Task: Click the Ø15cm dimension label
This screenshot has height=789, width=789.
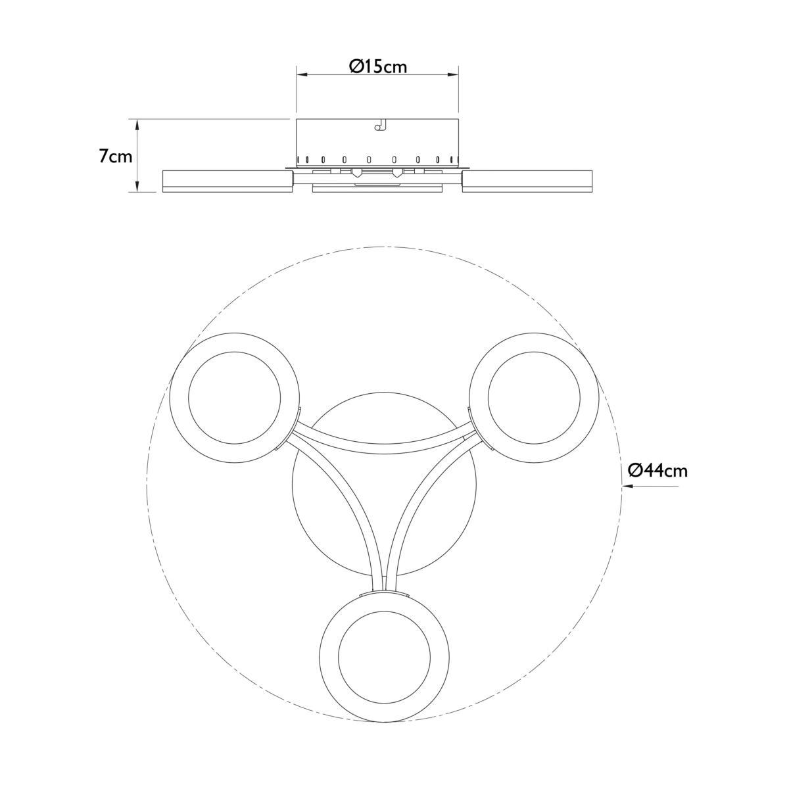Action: click(378, 66)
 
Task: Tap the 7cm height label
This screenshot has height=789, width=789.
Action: click(116, 157)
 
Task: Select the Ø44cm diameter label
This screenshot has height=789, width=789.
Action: click(658, 471)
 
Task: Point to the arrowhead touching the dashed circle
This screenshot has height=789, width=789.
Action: click(628, 487)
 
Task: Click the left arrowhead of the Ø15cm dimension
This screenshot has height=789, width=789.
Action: click(302, 74)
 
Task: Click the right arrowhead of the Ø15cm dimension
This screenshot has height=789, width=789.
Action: click(452, 74)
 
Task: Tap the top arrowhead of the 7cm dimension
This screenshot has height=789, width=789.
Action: click(138, 125)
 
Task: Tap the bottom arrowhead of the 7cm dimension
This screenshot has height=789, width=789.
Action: click(138, 186)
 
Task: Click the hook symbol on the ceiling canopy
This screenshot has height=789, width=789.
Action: click(380, 124)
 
